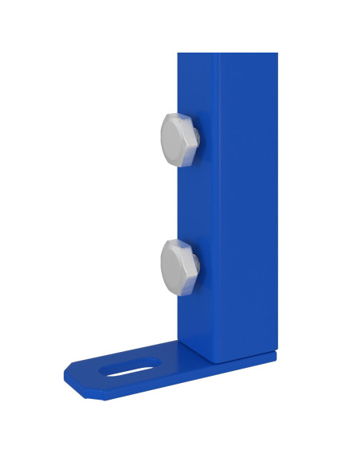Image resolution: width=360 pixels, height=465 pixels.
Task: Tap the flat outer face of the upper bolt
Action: click(174, 139)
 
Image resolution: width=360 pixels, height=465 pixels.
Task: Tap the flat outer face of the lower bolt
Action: click(174, 267)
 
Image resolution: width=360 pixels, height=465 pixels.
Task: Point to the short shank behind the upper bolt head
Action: click(198, 141)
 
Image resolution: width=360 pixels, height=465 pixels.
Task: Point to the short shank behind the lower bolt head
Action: click(198, 268)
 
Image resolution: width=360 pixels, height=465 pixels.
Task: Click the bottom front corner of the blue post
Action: click(214, 361)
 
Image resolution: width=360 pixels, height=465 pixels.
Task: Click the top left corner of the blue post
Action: click(178, 54)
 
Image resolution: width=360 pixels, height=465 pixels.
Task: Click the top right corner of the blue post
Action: click(276, 54)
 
